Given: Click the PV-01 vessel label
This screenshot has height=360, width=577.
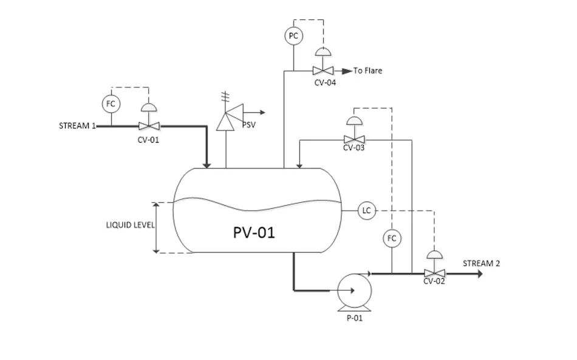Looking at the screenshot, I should [x=254, y=232].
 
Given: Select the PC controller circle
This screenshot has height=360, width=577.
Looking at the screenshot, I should [x=293, y=36].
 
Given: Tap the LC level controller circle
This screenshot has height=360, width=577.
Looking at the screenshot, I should [x=366, y=211].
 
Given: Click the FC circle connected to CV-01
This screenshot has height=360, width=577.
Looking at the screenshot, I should [x=111, y=104].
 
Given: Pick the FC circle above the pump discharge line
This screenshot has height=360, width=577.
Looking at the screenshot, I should [x=392, y=238].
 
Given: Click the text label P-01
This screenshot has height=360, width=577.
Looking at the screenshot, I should [x=355, y=318].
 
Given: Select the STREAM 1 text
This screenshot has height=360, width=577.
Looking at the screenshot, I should [x=77, y=126].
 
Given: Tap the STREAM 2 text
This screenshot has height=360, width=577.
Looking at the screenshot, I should [x=482, y=263].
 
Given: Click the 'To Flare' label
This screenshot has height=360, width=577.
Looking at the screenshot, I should [x=368, y=71].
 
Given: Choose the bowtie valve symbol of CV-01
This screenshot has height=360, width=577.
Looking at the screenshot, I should [x=148, y=126].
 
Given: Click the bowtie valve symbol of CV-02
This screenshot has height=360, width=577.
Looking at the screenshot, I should [x=434, y=273].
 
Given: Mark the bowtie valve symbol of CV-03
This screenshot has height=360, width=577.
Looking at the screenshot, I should [x=354, y=139].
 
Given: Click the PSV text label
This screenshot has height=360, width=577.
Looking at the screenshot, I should [x=249, y=124].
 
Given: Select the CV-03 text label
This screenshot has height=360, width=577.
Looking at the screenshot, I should [x=354, y=148].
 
